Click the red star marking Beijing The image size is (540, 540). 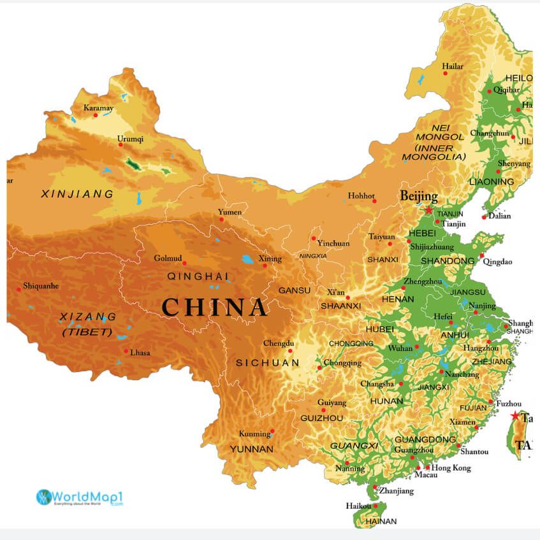click(x=429, y=210)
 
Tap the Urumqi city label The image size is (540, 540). click(x=130, y=138)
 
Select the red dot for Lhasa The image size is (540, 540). click(x=126, y=350)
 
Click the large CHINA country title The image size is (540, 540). click(x=214, y=308)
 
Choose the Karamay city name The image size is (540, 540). click(x=98, y=108)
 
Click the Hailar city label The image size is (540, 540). click(x=452, y=66)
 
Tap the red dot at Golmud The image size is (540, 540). click(x=184, y=263)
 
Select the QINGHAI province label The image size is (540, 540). click(x=198, y=276)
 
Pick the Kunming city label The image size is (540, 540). click(x=254, y=434)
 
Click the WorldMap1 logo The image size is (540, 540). click(x=79, y=497)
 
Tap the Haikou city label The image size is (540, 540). click(x=358, y=506)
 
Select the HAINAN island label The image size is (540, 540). click(x=381, y=521)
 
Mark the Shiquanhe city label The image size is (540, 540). click(x=41, y=286)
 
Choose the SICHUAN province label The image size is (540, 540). click(x=267, y=363)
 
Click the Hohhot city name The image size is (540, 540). click(x=361, y=195)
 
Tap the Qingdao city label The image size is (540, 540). click(x=497, y=261)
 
